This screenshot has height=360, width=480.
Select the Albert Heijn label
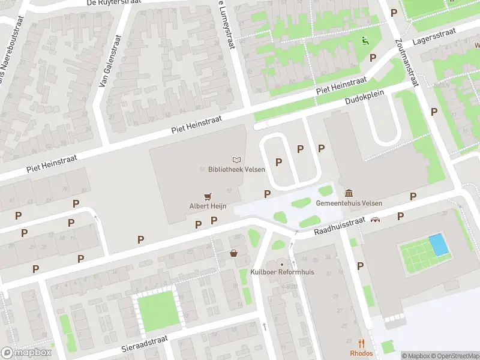pyautogui.click(x=208, y=206)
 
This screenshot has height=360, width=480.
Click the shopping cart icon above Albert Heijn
pyautogui.click(x=208, y=196)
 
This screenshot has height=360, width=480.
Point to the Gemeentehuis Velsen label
pyautogui.click(x=349, y=202)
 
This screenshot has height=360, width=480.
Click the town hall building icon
pyautogui.click(x=349, y=192)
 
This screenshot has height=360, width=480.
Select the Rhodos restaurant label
pyautogui.click(x=361, y=353)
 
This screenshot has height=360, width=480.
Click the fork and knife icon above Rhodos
pyautogui.click(x=361, y=343)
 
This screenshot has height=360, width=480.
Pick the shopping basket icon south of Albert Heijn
pyautogui.click(x=233, y=254)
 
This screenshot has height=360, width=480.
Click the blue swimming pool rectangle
pyautogui.click(x=438, y=244)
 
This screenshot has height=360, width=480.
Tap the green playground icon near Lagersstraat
pyautogui.click(x=364, y=41)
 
